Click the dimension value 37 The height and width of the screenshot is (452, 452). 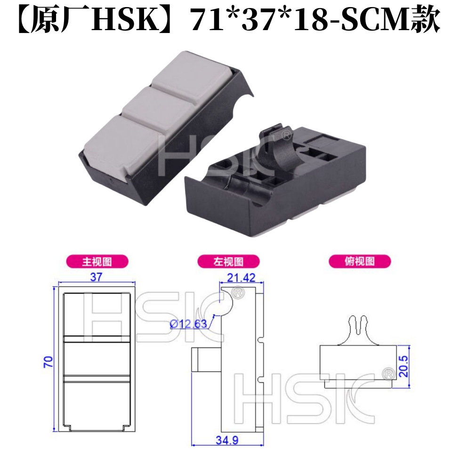96,277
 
